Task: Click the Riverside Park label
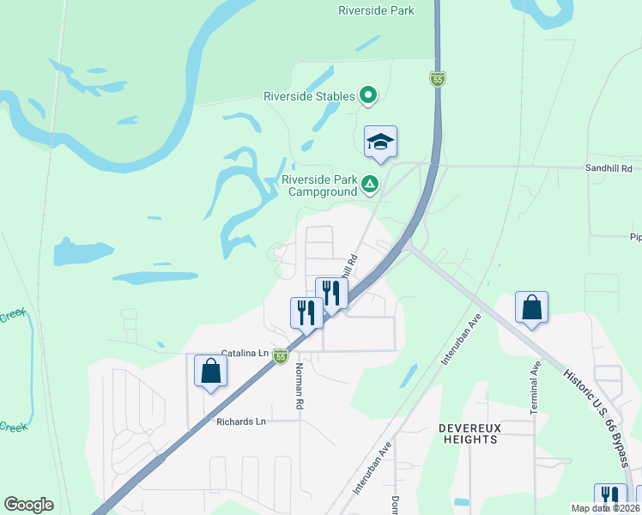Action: [x=376, y=10]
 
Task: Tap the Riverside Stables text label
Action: [x=310, y=96]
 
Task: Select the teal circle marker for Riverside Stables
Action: [x=369, y=95]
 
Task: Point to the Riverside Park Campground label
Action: [x=319, y=186]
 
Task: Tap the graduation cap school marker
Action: [x=381, y=142]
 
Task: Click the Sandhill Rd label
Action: [x=608, y=169]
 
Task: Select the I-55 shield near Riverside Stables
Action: [x=438, y=79]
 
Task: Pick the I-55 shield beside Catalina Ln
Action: [x=281, y=355]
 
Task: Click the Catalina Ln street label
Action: [x=245, y=353]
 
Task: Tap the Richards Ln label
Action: [x=241, y=421]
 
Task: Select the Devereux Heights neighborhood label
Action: [x=468, y=433]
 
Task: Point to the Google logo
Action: [x=28, y=505]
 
